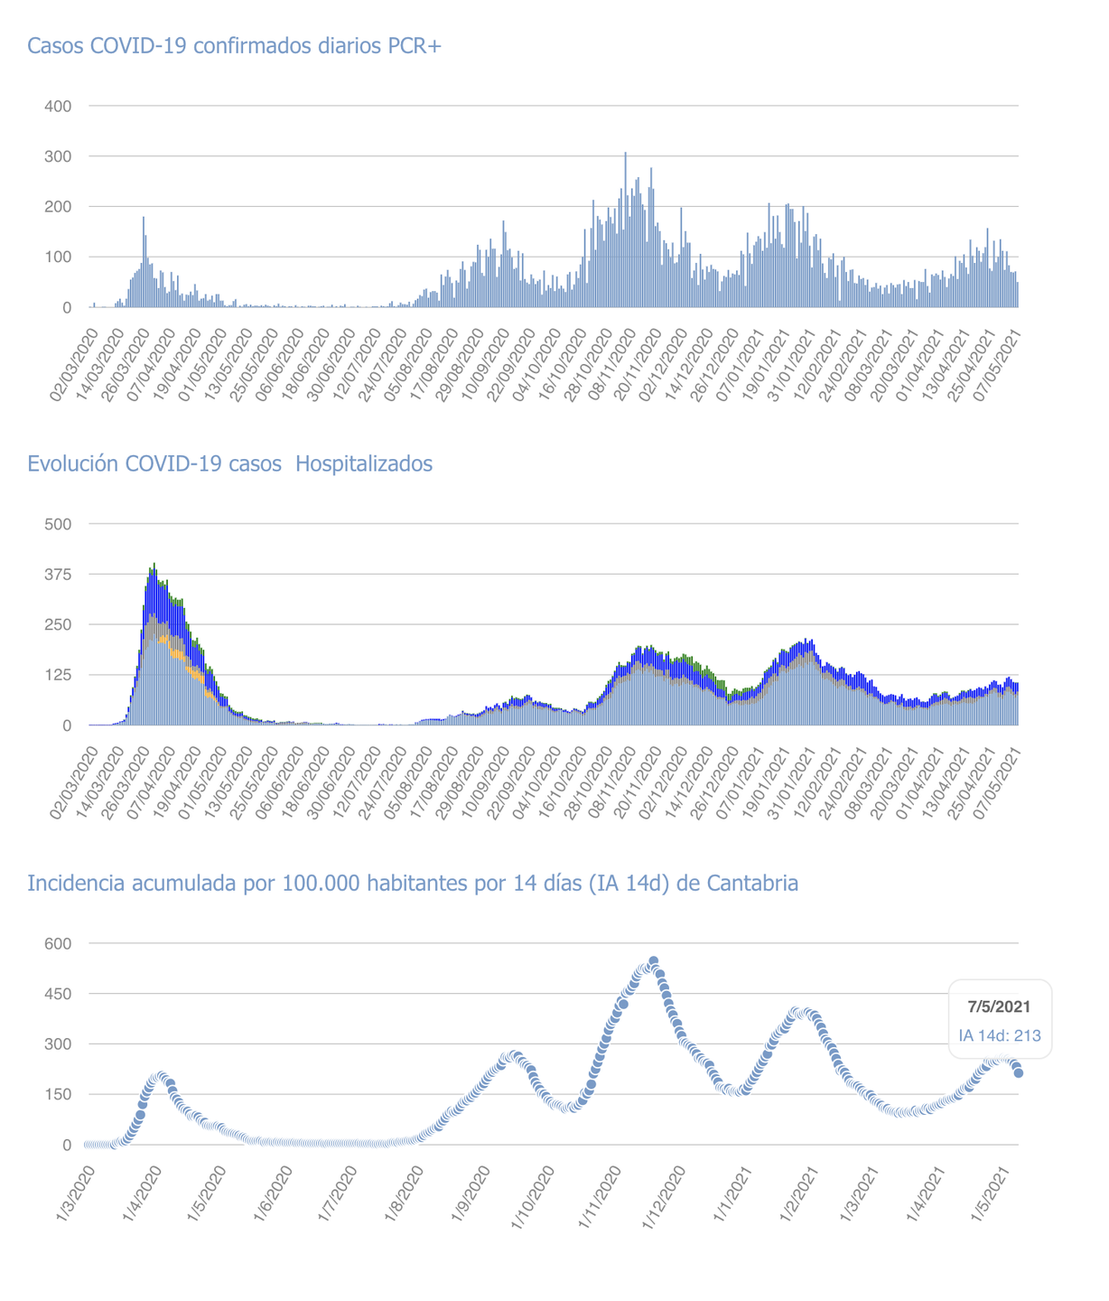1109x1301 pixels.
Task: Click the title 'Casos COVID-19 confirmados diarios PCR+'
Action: (234, 46)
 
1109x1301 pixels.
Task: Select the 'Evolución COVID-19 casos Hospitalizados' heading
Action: (229, 464)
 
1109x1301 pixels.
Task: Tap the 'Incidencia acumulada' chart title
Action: (413, 884)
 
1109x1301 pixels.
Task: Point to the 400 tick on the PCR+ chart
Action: (58, 107)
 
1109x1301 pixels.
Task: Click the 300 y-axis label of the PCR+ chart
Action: (58, 157)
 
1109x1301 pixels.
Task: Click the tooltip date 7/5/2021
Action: (999, 1006)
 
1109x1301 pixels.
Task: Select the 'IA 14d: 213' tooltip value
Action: (1000, 1035)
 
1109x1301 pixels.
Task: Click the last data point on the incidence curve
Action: (1019, 1072)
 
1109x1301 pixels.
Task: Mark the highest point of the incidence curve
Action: (654, 961)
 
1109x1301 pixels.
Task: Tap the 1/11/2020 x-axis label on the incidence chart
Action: (601, 1192)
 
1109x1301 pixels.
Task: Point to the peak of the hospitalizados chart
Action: (154, 565)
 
